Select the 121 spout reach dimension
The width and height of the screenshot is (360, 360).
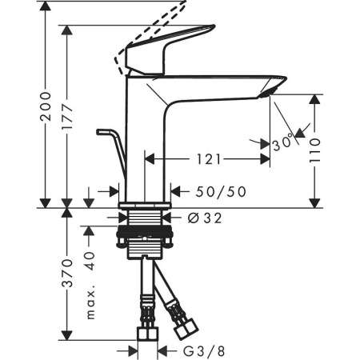pos(206,160)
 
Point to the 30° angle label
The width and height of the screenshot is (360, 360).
pos(282,143)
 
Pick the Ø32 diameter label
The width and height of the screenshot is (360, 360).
pos(203,216)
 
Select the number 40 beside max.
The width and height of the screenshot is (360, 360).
pos(90,261)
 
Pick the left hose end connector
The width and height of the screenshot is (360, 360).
pos(147,332)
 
